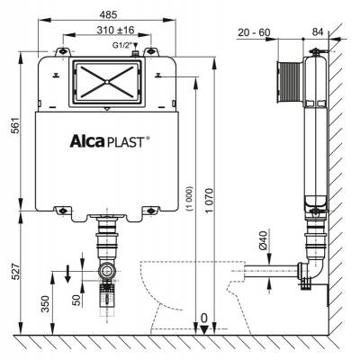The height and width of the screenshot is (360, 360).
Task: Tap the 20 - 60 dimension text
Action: pyautogui.click(x=255, y=32)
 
